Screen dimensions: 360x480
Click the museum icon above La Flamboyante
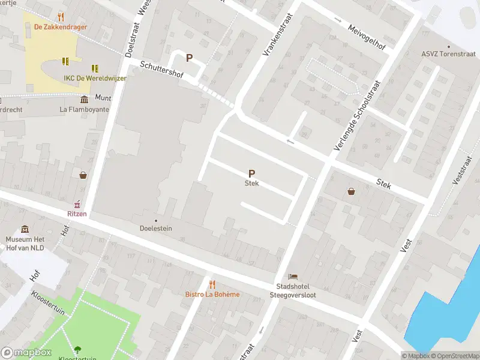84,98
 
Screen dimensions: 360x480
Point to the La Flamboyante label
84,109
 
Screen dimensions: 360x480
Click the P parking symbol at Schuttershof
189,58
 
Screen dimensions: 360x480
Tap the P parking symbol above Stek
251,173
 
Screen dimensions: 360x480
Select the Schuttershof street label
161,71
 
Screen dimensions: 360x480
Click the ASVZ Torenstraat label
448,54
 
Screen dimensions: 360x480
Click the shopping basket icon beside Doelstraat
83,175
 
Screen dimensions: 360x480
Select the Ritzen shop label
76,214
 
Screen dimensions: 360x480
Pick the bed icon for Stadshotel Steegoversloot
292,276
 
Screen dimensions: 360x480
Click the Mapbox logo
26,353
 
